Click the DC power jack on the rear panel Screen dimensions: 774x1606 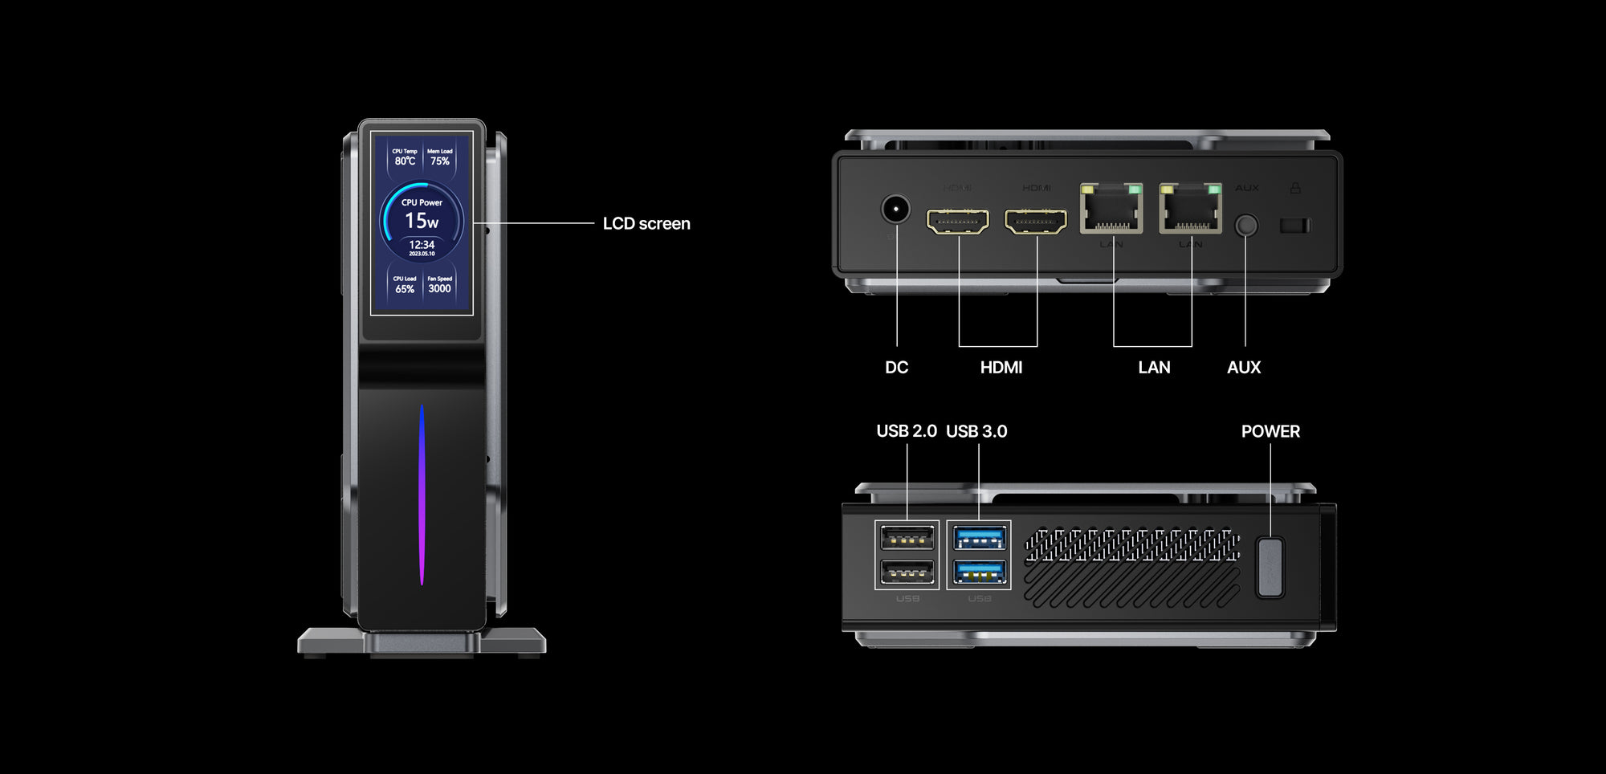click(895, 210)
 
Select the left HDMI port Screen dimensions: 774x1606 click(958, 221)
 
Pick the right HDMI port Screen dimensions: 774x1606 click(1036, 221)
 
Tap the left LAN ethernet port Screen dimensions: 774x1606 click(1111, 210)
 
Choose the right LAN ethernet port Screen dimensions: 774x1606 click(1190, 210)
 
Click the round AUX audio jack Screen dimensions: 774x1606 click(1245, 225)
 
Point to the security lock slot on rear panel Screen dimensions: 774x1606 click(1295, 226)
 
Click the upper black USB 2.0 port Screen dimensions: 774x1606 click(907, 537)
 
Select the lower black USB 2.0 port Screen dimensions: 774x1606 click(907, 572)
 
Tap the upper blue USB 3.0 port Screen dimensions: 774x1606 click(979, 537)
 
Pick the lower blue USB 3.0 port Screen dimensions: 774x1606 click(979, 572)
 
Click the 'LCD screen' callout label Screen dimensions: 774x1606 click(646, 224)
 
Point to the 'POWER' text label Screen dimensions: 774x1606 click(1270, 432)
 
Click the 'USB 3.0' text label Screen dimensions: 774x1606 click(976, 432)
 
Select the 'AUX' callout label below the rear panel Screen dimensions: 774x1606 click(1244, 368)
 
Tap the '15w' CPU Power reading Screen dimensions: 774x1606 click(422, 221)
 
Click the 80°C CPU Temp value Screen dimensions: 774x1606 click(405, 161)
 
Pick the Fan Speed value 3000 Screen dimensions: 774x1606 click(439, 289)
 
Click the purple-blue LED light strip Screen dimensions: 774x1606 click(422, 494)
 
